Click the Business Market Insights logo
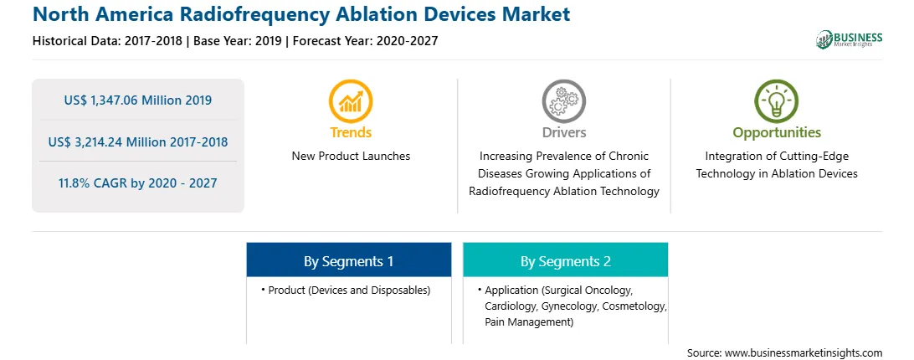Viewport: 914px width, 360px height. pos(850,39)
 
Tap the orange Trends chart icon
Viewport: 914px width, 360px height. pos(351,101)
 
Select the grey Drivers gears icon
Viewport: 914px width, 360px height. pos(563,101)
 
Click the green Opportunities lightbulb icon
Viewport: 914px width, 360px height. pos(777,101)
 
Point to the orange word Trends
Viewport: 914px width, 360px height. pos(351,132)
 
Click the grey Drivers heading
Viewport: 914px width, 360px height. pos(564,132)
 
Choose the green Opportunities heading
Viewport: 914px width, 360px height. pos(777,133)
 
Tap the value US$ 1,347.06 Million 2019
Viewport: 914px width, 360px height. pos(138,100)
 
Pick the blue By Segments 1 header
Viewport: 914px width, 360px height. pos(348,261)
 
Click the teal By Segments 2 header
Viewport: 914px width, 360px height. pos(566,261)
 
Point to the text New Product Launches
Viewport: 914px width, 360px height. pos(351,156)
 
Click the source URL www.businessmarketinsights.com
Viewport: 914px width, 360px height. pos(804,353)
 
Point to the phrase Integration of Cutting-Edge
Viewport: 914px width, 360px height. pos(777,157)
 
